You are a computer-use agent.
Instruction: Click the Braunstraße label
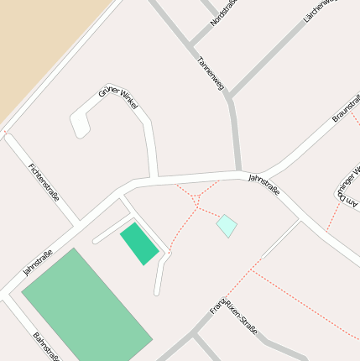(346, 107)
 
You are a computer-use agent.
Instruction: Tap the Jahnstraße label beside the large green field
(38, 263)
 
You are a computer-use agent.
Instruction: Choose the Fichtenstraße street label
(44, 183)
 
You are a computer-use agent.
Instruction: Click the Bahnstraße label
(45, 347)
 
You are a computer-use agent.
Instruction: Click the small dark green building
(138, 243)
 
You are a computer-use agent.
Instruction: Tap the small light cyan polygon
(227, 225)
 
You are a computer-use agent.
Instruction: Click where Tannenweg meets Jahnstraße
(238, 173)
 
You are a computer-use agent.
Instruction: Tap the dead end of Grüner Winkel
(81, 131)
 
